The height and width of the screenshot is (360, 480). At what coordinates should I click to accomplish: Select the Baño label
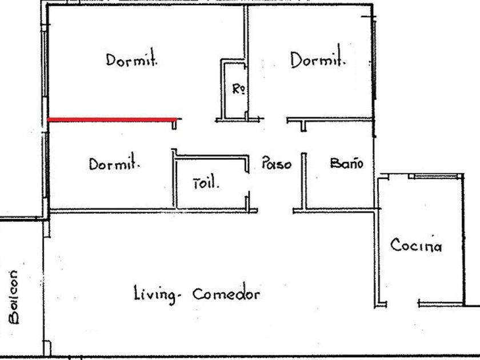(346, 164)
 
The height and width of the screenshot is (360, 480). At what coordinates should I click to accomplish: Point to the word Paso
(276, 164)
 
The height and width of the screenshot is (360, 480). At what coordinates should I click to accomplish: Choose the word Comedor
(226, 294)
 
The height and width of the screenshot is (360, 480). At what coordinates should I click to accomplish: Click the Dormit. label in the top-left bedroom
(131, 60)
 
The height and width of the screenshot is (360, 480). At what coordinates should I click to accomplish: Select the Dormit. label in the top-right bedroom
(318, 59)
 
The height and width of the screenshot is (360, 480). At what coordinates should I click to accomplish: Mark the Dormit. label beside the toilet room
(114, 165)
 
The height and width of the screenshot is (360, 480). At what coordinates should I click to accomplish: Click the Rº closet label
(239, 89)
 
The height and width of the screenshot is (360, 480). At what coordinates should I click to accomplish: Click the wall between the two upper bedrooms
(246, 34)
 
